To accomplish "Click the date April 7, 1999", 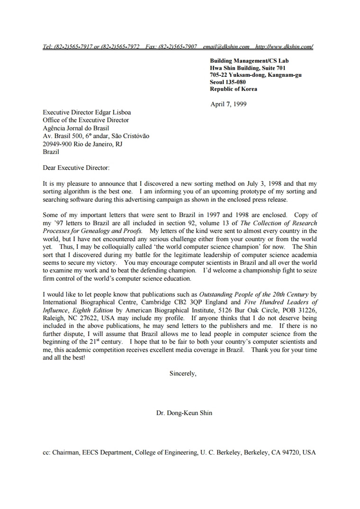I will pos(228,104).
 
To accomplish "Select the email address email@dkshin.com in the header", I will pos(226,47).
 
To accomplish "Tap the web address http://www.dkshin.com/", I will pos(284,47).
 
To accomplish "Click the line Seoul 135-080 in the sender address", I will pos(228,82).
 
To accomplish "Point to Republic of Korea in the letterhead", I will pos(234,89).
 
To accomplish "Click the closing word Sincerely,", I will pos(183,373).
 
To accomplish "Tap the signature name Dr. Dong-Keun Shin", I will pos(184,413).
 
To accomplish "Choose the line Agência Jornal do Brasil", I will pos(76,128).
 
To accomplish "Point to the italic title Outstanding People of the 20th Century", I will pos(254,294).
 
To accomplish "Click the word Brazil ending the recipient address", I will pos(51,152).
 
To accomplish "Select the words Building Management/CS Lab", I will pos(249,61).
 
